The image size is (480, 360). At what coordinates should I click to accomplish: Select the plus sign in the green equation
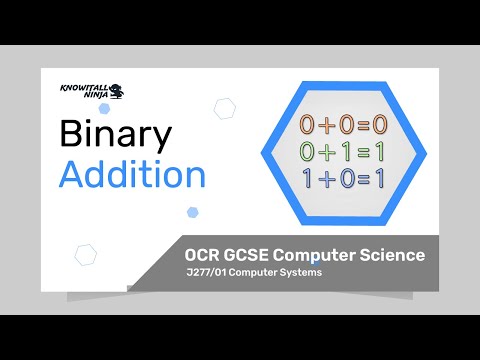(x=329, y=153)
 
